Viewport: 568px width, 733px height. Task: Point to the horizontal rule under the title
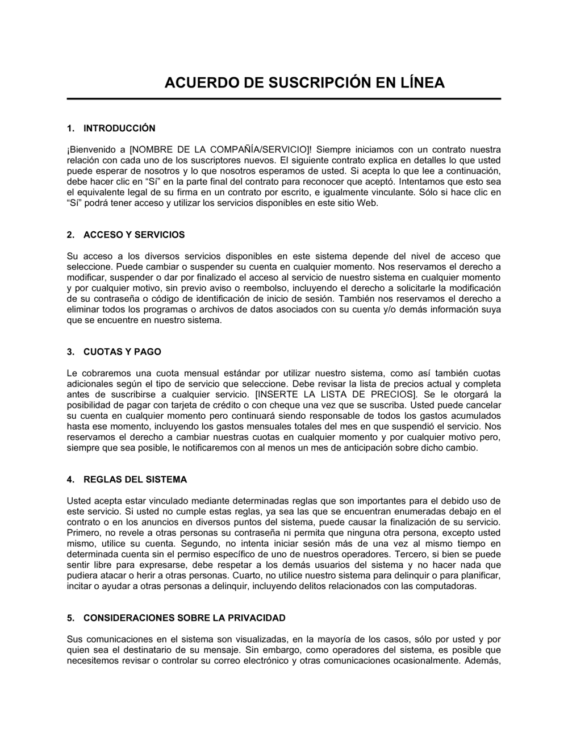284,99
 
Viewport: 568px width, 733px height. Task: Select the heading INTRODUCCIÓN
119,128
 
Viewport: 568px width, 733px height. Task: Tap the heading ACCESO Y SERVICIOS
134,235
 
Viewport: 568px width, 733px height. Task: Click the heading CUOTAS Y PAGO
122,352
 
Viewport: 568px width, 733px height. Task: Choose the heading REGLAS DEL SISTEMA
135,480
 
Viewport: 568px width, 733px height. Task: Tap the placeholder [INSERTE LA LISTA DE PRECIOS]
336,395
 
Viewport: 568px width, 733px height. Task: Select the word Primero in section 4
83,533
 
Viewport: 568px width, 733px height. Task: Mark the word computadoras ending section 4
448,587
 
